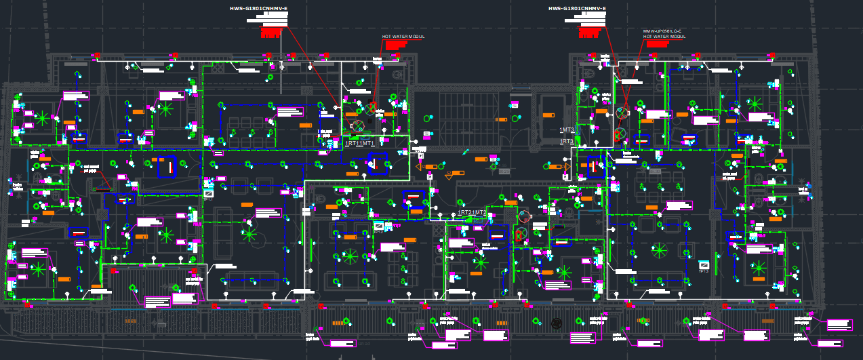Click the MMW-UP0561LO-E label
tap(662, 31)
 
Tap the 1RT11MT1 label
tap(359, 144)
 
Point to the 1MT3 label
tap(567, 129)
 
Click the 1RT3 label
tap(567, 142)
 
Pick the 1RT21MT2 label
tap(472, 213)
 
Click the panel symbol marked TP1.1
tap(208, 194)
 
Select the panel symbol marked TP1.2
tap(378, 226)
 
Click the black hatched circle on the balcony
tap(557, 323)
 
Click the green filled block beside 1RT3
tap(578, 142)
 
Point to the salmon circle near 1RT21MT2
tap(523, 217)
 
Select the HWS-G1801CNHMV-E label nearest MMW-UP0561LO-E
tap(577, 9)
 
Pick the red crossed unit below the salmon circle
tap(521, 235)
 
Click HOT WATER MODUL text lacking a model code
tap(403, 37)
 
